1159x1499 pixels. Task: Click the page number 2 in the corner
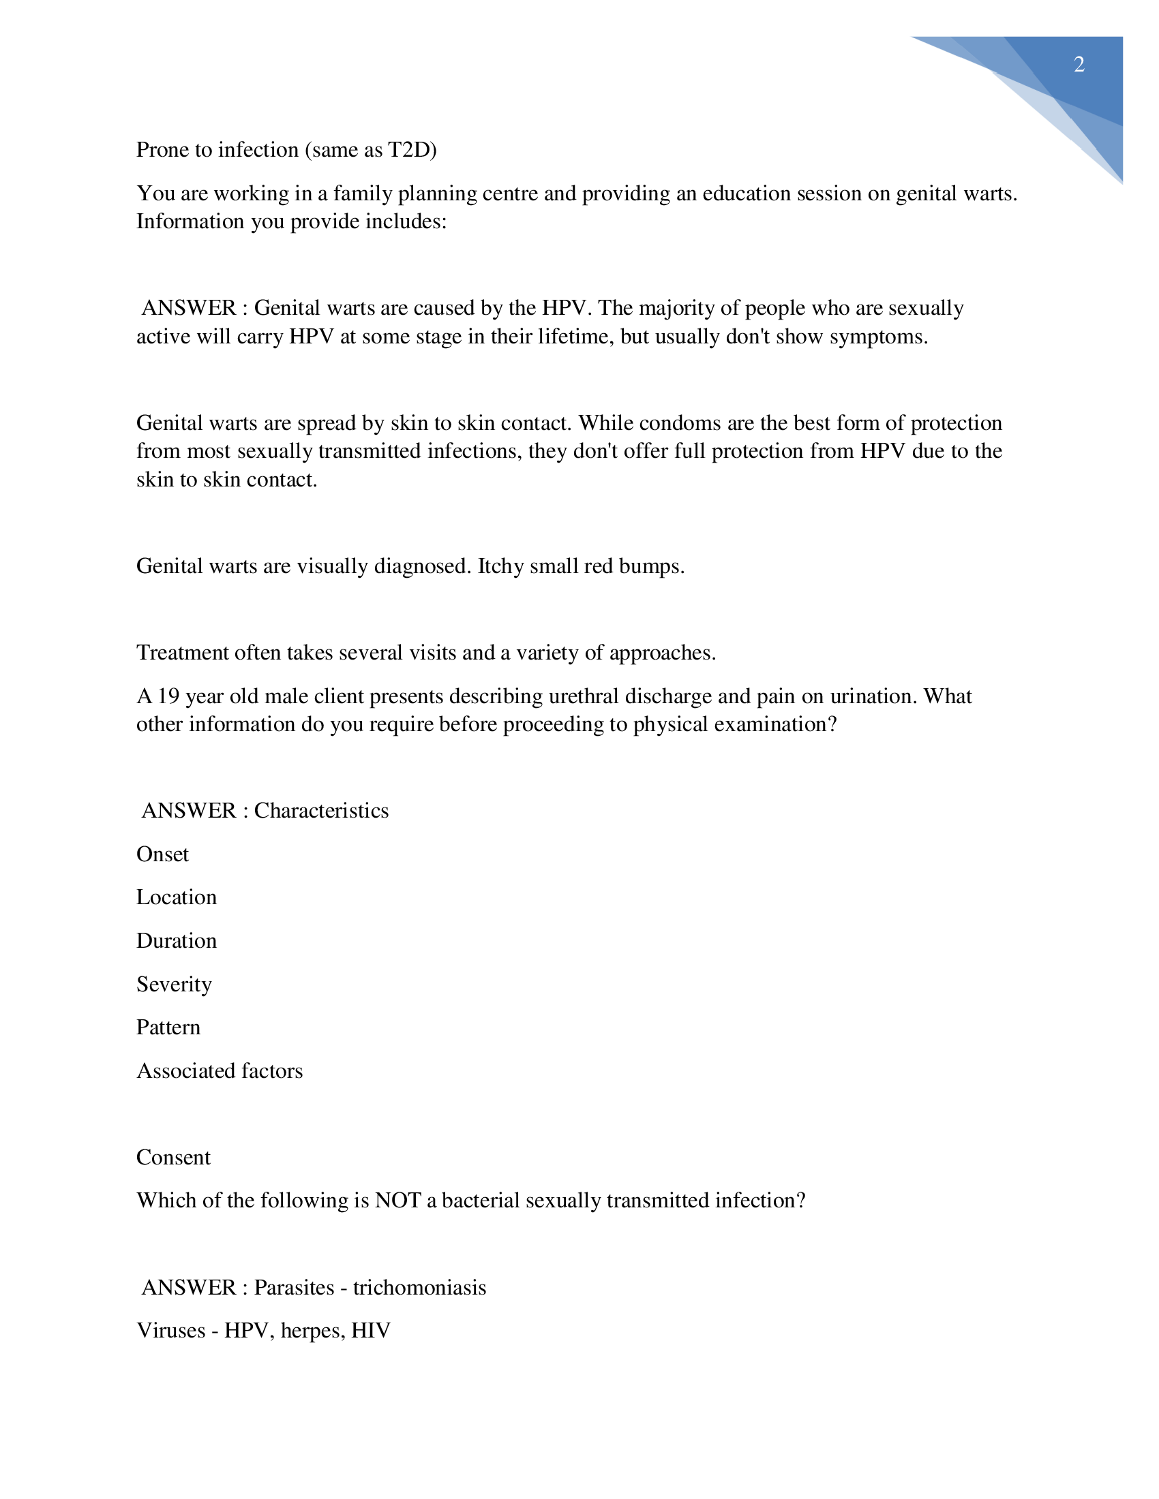1079,65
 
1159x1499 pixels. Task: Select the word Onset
162,854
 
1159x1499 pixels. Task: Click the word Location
177,898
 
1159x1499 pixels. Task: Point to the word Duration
177,941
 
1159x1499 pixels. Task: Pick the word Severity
174,985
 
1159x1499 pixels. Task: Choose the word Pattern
168,1027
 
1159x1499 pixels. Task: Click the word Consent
173,1158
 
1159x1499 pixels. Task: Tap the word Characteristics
321,811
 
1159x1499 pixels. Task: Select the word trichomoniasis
419,1288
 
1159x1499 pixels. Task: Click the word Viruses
171,1331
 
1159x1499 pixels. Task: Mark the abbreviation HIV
371,1331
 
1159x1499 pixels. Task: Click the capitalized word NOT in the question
397,1201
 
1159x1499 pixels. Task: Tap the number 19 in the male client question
168,696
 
